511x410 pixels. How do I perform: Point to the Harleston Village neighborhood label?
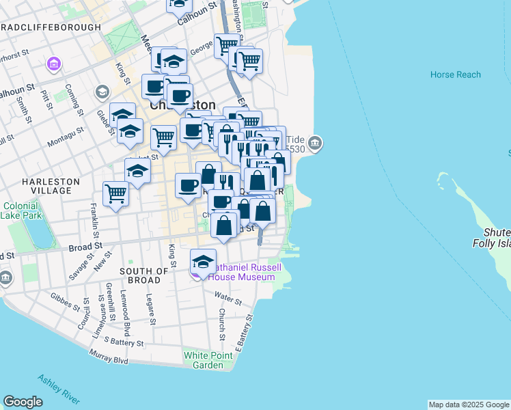tap(51, 186)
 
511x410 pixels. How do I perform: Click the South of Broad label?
tap(144, 276)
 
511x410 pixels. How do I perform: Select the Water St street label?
tap(227, 299)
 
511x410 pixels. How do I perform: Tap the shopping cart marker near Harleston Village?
tap(115, 193)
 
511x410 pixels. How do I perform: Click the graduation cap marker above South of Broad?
tap(203, 262)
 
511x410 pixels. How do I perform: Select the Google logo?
tap(23, 402)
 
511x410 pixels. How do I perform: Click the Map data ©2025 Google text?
tap(468, 405)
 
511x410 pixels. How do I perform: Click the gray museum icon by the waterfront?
tap(314, 143)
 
